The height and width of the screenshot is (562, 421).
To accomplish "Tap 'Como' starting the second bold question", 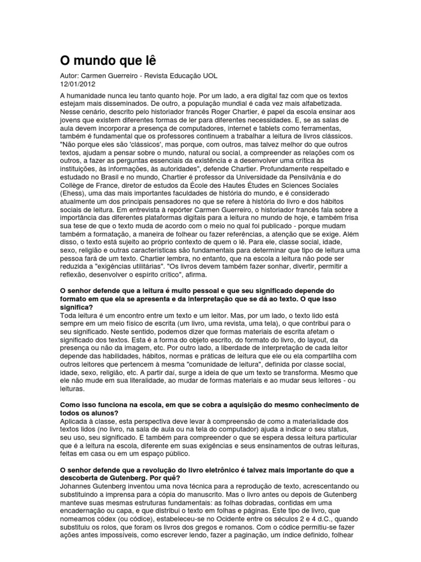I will [69, 405].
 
